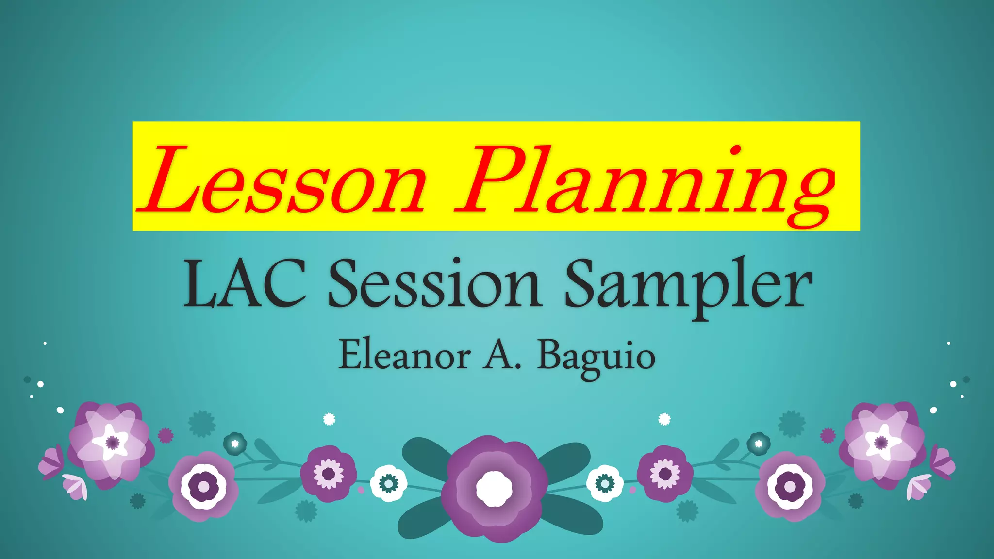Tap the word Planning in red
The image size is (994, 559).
[646, 182]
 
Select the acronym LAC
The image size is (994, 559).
[244, 284]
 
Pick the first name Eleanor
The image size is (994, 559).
[404, 355]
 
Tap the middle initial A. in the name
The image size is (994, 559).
[502, 355]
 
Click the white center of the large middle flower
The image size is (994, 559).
[494, 489]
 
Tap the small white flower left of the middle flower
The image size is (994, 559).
[388, 483]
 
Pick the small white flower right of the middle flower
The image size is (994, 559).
[605, 483]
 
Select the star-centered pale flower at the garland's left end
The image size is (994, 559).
[112, 442]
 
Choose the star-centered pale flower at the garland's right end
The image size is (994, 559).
[881, 442]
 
